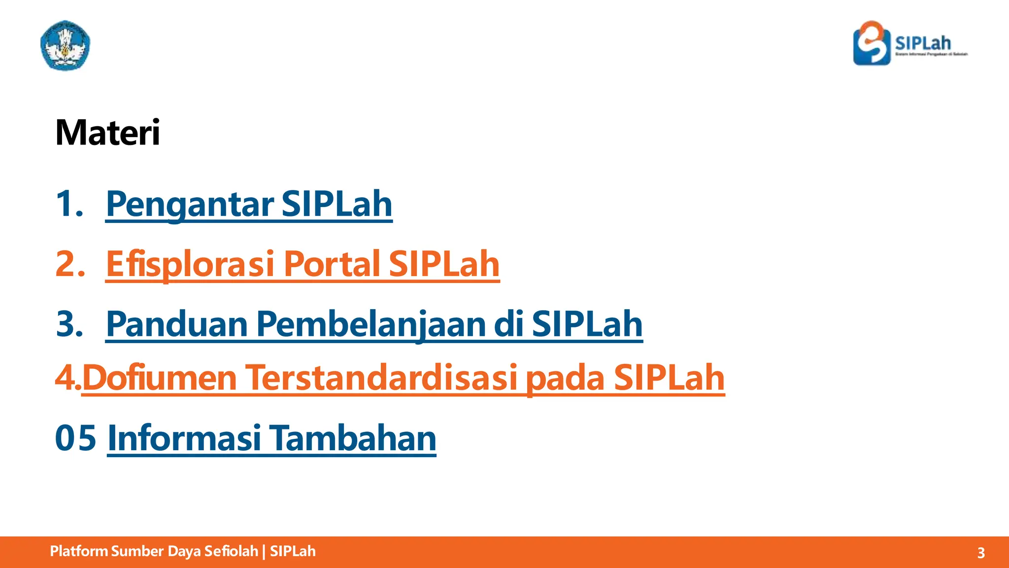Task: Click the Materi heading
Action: (107, 133)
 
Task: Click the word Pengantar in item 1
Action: (190, 204)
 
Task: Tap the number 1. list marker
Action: (69, 204)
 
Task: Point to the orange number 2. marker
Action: (70, 264)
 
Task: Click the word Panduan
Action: (176, 324)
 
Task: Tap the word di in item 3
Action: (507, 324)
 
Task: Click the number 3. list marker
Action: (69, 324)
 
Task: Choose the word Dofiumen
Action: (159, 378)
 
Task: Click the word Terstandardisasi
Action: (381, 378)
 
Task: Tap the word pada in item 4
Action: (565, 378)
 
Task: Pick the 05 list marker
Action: (75, 438)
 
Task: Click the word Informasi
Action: (184, 438)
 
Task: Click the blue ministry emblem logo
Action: (65, 45)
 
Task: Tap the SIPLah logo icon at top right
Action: (872, 43)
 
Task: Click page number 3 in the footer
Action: (980, 553)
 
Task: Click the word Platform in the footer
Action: (79, 551)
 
